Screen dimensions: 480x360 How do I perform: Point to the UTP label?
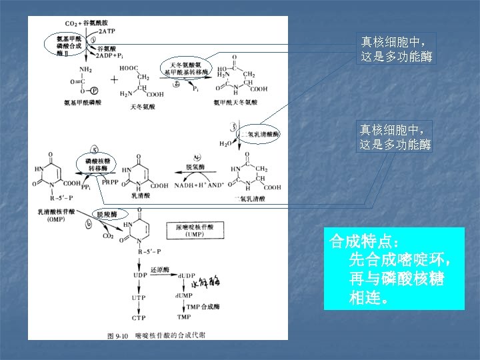[x=139, y=297]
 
